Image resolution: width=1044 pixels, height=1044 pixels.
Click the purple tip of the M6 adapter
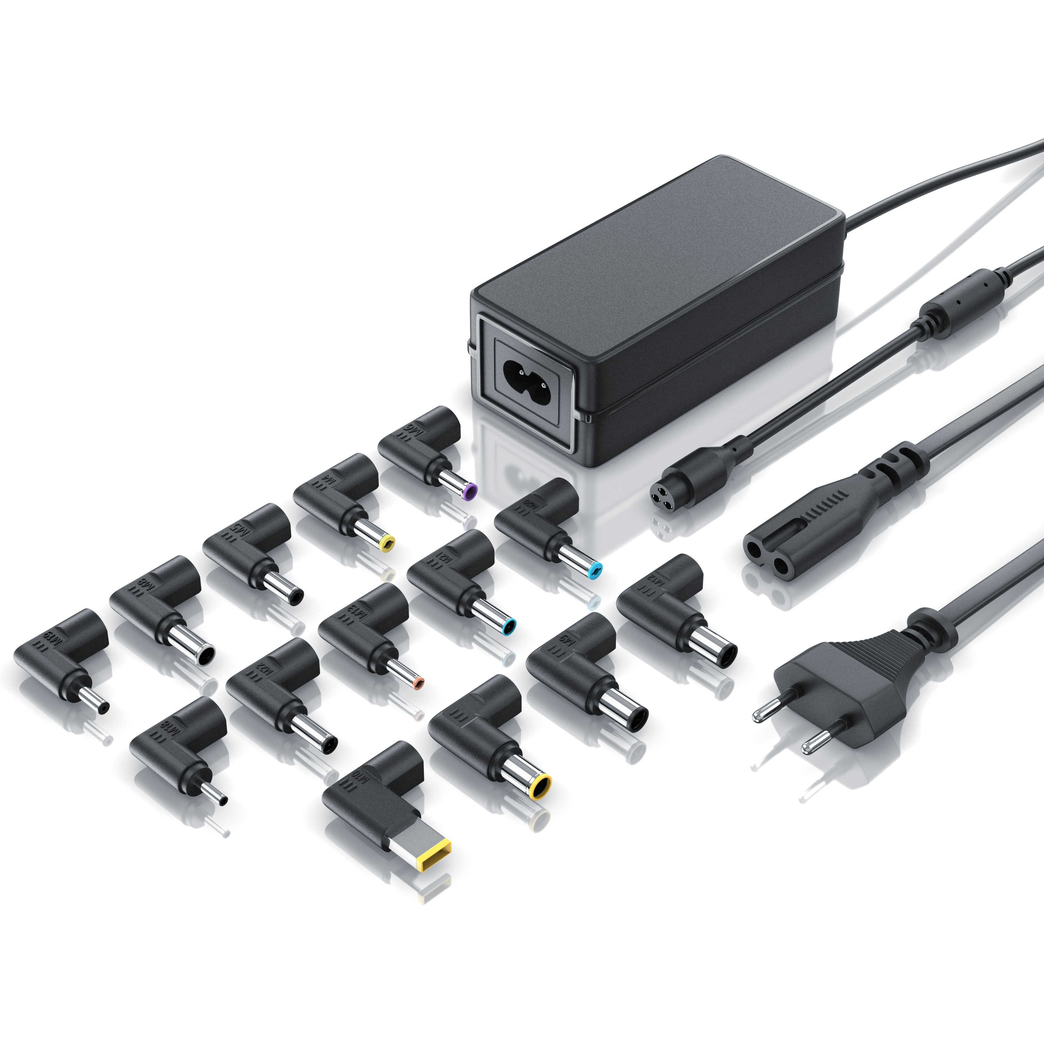(470, 491)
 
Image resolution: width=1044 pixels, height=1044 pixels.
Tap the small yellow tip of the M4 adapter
(387, 543)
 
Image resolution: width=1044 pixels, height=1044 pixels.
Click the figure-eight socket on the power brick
(524, 373)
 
